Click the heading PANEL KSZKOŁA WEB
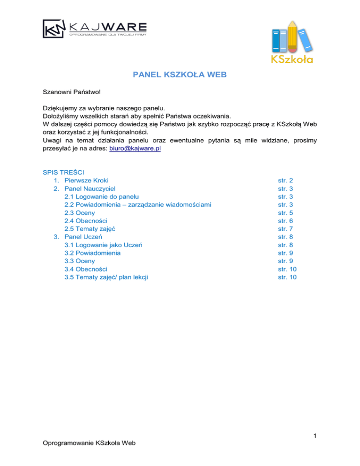pyautogui.click(x=180, y=74)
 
